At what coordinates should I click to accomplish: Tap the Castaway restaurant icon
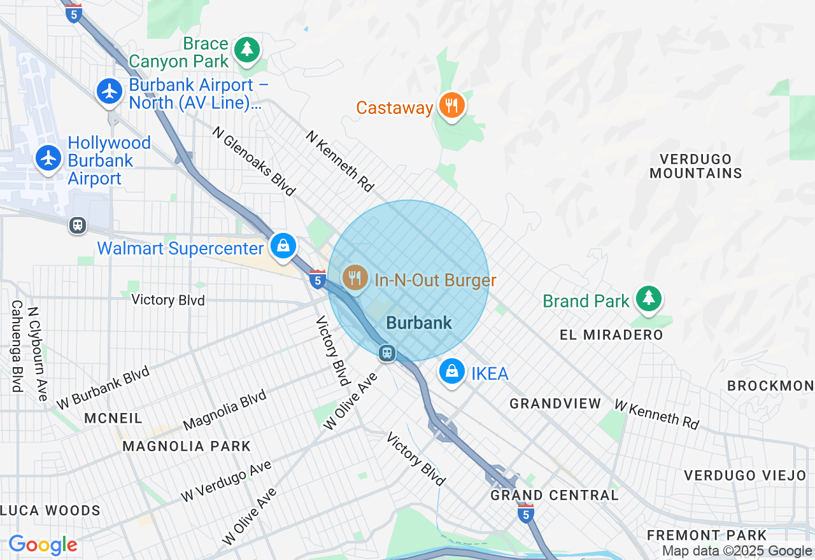point(451,106)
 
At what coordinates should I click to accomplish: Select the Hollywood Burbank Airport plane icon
point(48,157)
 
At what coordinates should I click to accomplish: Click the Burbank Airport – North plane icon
point(110,91)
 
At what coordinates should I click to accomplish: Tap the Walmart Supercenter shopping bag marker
point(283,246)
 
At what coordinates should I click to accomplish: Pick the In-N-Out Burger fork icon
point(355,278)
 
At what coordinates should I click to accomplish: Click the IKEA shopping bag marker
point(451,371)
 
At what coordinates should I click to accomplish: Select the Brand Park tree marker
point(648,298)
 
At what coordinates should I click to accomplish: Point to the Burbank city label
point(419,323)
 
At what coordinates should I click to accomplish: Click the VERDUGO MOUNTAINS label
point(695,166)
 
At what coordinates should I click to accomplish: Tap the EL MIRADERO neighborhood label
point(611,335)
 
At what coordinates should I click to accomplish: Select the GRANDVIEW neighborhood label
point(555,403)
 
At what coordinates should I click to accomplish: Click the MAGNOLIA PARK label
point(187,446)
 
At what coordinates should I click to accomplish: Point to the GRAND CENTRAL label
point(554,495)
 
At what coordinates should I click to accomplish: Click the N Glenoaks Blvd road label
point(254,161)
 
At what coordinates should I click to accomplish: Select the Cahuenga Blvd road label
point(17,346)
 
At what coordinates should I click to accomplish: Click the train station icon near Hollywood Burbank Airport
point(78,225)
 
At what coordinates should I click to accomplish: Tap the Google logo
point(43,545)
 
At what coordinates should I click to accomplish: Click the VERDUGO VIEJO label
point(745,475)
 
